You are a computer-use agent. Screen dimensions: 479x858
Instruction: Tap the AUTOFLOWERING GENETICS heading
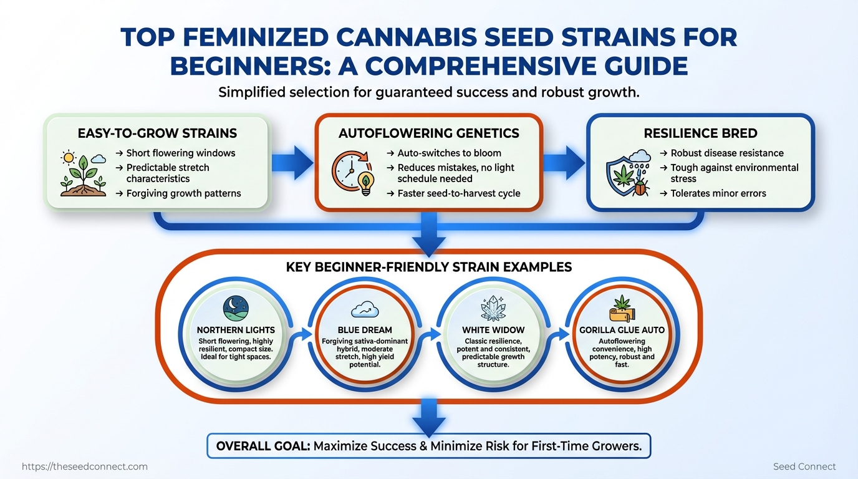coord(428,133)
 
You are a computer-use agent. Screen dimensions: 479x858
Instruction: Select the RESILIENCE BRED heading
coord(700,133)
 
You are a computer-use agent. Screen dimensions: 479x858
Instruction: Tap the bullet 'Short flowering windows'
coord(180,153)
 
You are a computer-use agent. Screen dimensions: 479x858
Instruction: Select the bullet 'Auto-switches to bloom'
coord(448,153)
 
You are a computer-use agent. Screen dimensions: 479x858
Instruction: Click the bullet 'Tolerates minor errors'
coord(718,193)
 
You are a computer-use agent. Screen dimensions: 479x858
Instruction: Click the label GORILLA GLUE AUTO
coord(621,331)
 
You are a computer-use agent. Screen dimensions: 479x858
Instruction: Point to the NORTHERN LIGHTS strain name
coord(236,331)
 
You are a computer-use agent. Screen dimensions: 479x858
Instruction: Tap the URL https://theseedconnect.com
coord(85,467)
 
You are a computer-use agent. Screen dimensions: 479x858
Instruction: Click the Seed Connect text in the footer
coord(804,467)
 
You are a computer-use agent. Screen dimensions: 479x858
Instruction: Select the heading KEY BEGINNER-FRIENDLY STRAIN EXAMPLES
coord(429,267)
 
